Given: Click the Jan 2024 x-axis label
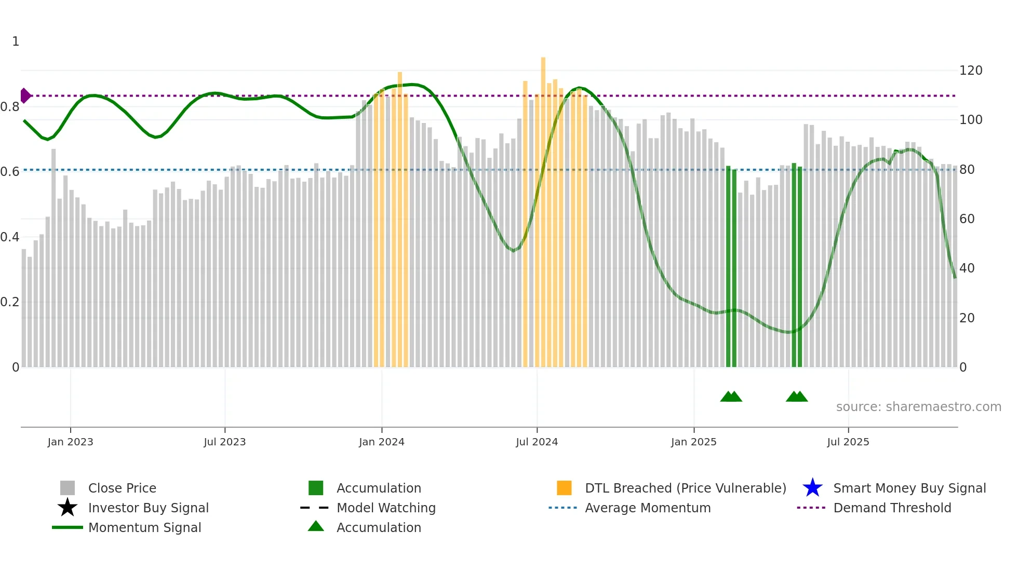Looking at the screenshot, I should [x=381, y=442].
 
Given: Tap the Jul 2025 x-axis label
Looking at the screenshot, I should [x=848, y=442].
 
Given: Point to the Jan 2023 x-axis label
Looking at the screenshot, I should [x=70, y=442].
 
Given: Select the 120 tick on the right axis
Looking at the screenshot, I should [x=970, y=71].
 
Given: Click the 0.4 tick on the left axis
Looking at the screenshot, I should [x=10, y=237].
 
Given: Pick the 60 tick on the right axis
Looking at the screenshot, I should [x=967, y=219].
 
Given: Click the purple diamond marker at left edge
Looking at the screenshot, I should [x=25, y=96].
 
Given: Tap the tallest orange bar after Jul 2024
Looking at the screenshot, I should [x=543, y=208].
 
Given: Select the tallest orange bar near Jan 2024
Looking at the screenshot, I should [x=400, y=218].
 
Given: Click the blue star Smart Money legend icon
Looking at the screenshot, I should [x=812, y=488].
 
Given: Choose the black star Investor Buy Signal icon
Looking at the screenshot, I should [x=68, y=508].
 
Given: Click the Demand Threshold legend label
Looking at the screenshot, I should [x=892, y=508].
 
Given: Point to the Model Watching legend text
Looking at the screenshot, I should [x=386, y=508].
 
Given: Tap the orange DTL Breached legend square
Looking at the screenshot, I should [x=564, y=488].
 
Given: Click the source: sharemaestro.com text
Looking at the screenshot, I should [x=918, y=407].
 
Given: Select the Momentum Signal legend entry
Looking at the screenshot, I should [x=144, y=527].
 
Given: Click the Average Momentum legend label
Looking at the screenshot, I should [x=647, y=508].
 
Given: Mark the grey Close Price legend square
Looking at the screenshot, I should [x=68, y=488].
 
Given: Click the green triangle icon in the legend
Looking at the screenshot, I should [x=316, y=527].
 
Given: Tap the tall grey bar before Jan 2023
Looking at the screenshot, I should [x=53, y=260].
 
